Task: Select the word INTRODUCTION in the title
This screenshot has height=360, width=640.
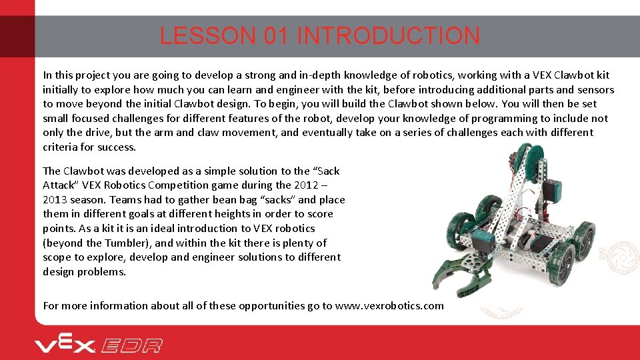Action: click(x=388, y=35)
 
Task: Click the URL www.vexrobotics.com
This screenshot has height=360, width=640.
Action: click(x=389, y=305)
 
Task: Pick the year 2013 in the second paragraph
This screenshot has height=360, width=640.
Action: click(x=55, y=199)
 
